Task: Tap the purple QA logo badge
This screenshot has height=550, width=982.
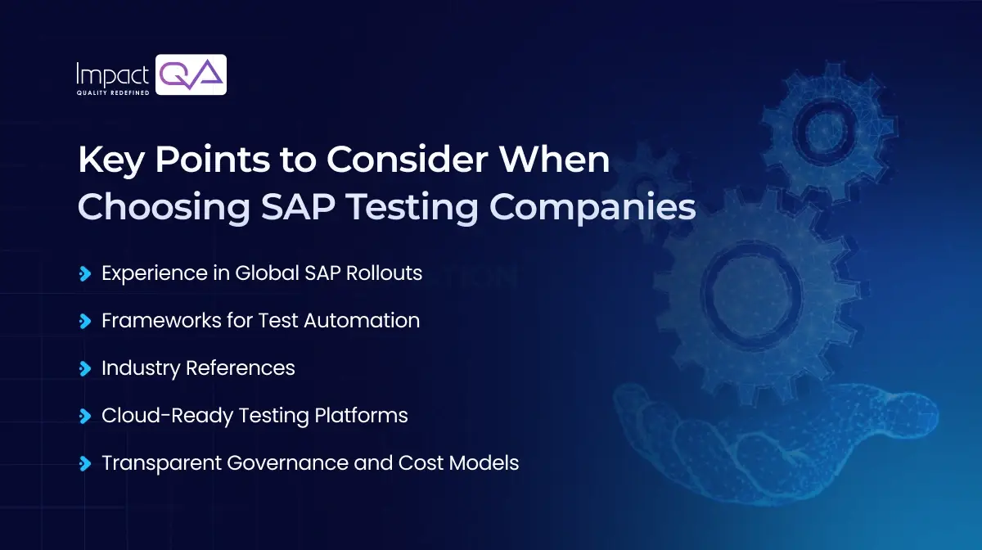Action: click(191, 74)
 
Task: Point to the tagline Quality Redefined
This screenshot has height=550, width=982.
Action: click(112, 92)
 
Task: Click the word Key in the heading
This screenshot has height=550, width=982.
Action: click(107, 160)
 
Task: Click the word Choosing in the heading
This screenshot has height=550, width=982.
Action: click(164, 208)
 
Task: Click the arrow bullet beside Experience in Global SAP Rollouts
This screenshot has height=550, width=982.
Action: click(83, 273)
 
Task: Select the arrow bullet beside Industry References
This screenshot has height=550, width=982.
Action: click(83, 368)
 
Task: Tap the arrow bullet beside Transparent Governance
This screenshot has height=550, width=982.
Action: click(83, 463)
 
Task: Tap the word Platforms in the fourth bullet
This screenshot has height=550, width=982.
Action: click(361, 415)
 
